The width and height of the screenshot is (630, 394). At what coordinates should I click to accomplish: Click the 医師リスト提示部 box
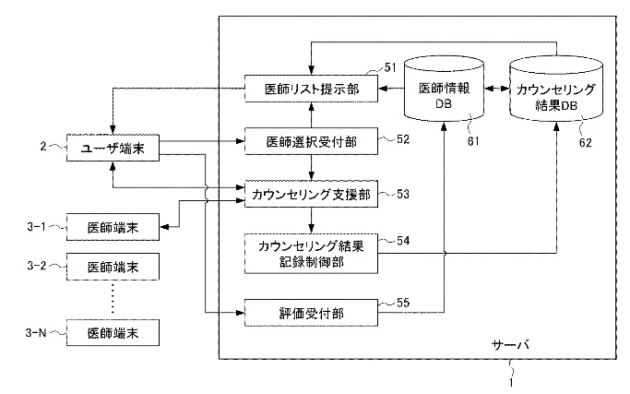point(312,88)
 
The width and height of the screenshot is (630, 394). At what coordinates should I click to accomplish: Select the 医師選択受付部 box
point(312,141)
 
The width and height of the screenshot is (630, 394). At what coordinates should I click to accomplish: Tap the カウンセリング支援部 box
point(312,194)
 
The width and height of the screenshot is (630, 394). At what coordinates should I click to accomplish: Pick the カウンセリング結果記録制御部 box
point(312,254)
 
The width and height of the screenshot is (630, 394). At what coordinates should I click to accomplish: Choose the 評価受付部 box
point(312,313)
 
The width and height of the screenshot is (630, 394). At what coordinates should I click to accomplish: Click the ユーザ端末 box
point(113,148)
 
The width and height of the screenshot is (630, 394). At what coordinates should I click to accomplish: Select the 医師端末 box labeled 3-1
point(113,227)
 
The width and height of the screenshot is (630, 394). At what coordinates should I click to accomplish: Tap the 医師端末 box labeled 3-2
point(113,267)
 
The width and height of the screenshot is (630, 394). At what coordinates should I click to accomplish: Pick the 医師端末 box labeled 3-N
point(113,332)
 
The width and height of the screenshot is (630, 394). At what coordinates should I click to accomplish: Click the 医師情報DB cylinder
point(444,89)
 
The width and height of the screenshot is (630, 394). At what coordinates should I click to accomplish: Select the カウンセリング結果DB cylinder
point(556,89)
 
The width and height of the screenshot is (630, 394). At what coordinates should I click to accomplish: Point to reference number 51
point(390,67)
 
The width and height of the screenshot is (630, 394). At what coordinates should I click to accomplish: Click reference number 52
point(403,139)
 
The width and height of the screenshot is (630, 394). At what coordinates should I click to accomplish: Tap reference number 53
point(403,194)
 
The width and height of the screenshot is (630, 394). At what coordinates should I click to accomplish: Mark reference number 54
point(403,241)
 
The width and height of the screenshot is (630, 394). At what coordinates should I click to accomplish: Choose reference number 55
point(403,303)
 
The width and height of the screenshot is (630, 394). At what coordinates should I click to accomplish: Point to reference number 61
point(473,141)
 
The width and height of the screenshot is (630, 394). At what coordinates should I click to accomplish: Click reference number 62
point(586,142)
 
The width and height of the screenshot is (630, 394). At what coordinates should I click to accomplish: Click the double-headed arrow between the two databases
point(496,89)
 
